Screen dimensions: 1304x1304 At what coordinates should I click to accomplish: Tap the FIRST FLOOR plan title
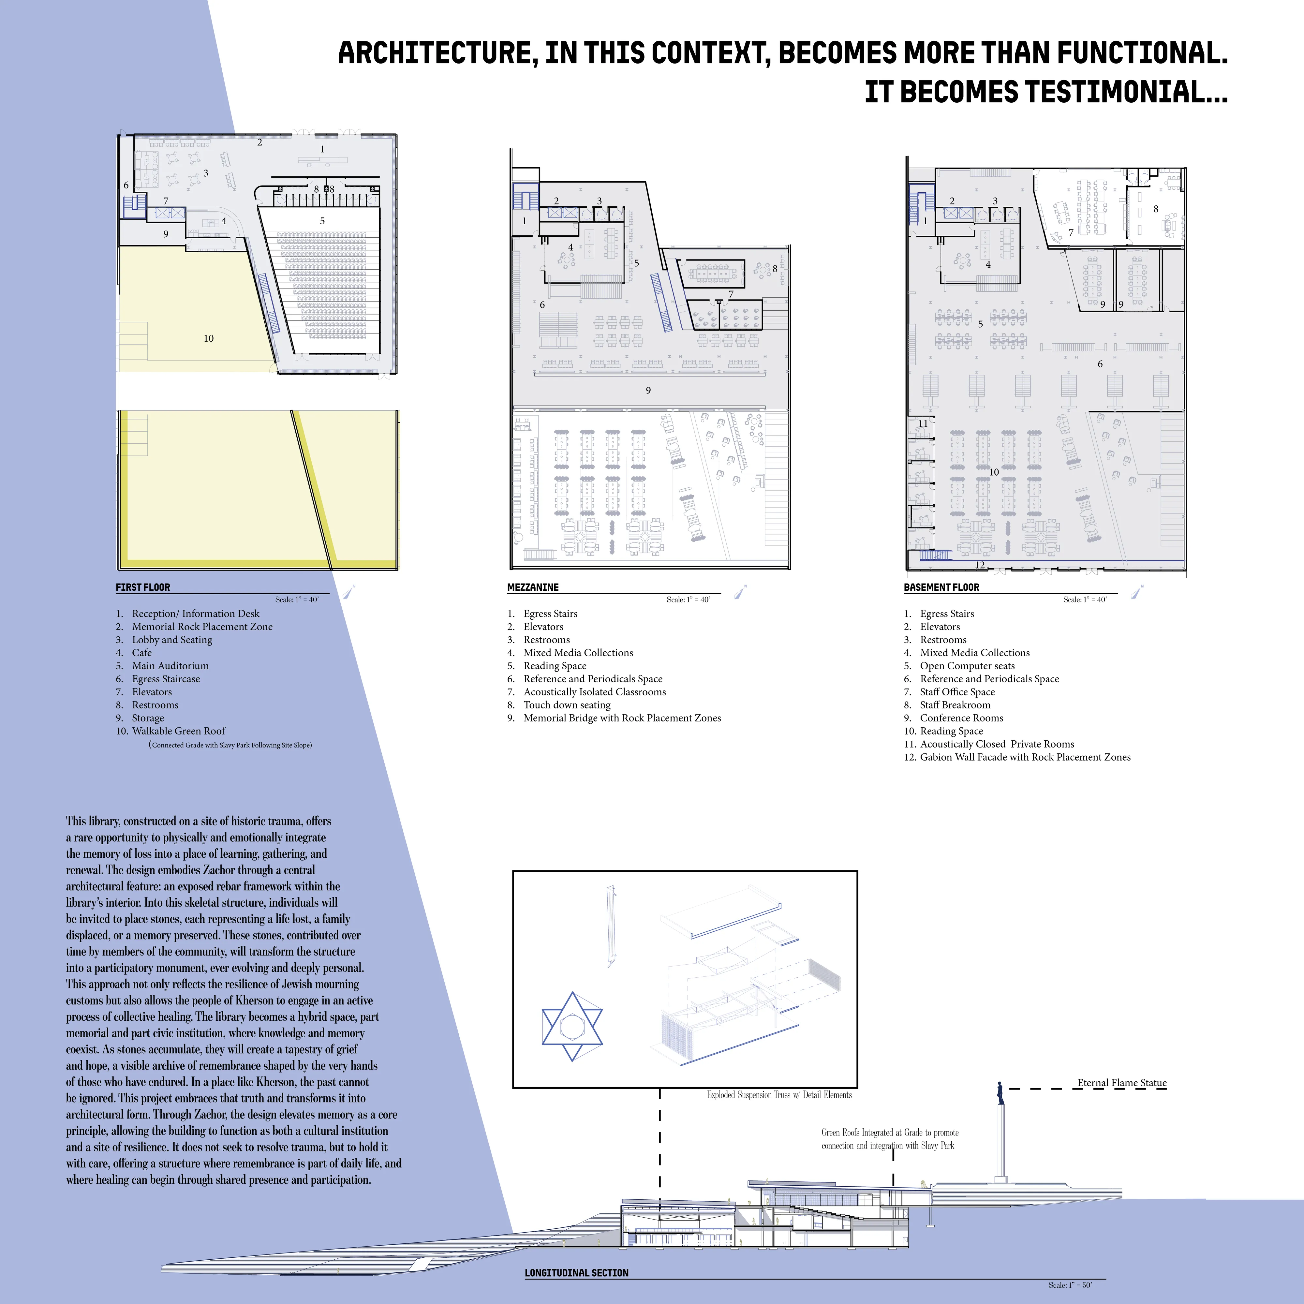click(x=143, y=587)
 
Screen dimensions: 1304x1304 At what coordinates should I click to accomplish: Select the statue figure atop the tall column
click(x=1000, y=1092)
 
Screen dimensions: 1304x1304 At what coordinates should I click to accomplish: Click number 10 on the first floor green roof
click(x=209, y=338)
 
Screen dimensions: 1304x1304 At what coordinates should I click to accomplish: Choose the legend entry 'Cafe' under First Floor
click(x=142, y=653)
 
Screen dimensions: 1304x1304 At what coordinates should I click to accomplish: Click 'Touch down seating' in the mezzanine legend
click(x=567, y=704)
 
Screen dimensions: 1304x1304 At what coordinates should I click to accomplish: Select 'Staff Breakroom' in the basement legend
click(x=955, y=704)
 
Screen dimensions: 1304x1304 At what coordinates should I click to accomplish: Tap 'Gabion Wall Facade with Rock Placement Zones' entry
click(x=1025, y=757)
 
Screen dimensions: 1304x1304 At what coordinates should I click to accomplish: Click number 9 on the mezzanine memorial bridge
click(x=648, y=390)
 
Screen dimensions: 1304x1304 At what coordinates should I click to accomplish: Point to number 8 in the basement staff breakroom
click(x=1156, y=209)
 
